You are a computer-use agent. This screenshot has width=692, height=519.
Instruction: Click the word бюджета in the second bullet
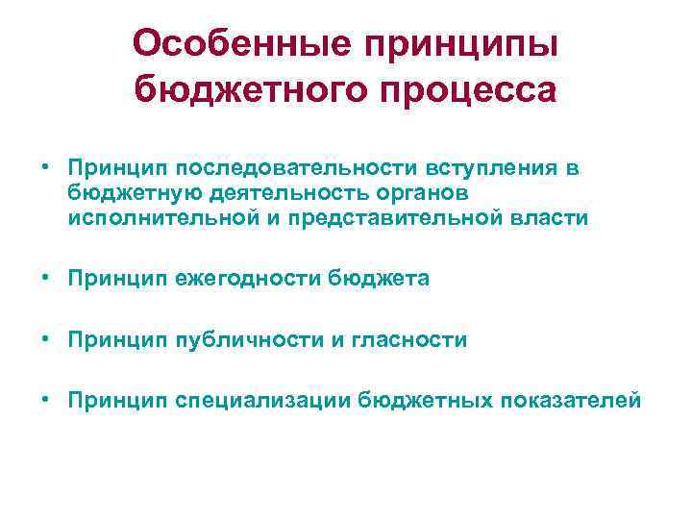pos(379,279)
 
